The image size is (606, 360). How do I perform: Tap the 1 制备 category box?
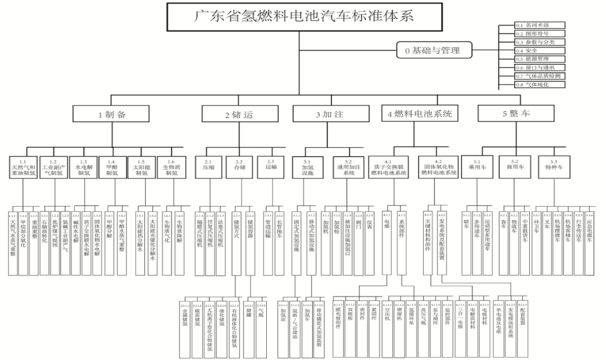coord(112,114)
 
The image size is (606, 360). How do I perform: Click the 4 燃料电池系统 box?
coord(420,114)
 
